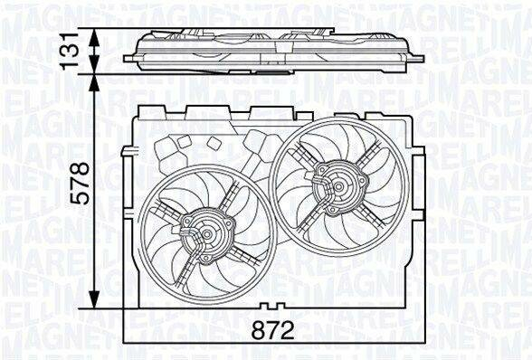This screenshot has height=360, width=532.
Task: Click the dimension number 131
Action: coord(71,52)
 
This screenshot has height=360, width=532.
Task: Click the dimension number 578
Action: coord(81,184)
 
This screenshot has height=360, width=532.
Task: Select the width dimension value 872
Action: coord(273,330)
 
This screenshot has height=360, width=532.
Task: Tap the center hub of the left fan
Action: coord(206,233)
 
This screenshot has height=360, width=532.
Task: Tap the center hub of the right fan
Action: coord(338,186)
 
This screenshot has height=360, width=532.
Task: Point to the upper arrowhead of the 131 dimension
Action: coord(94,38)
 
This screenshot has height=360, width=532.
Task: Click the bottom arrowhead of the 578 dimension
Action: coord(94,298)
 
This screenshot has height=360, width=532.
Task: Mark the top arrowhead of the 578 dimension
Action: coord(94,83)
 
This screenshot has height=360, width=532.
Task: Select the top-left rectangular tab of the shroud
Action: coord(152,112)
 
